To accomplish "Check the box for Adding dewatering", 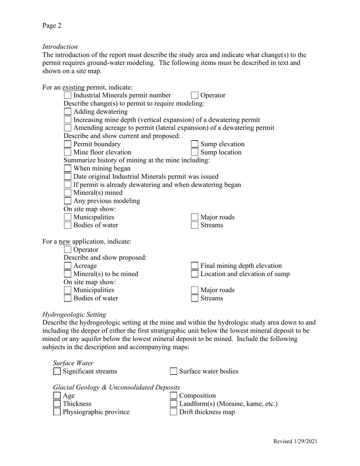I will [67, 112].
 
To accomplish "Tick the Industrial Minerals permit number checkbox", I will [67, 95].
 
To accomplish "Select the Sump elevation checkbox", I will [194, 144].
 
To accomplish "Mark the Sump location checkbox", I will [194, 152].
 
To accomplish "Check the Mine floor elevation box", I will [67, 152].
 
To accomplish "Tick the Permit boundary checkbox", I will [67, 144].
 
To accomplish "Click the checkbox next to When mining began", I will [67, 168].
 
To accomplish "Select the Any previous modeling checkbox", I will [67, 201].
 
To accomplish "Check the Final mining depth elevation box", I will [194, 266].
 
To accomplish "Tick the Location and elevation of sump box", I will [194, 274].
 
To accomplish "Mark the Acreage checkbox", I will [67, 266].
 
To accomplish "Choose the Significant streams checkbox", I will [57, 371].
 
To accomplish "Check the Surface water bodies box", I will [173, 371].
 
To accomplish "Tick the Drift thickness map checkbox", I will [173, 412].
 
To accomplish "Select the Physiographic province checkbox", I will [57, 412].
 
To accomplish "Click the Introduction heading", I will [60, 47].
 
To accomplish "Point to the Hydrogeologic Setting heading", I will [74, 314].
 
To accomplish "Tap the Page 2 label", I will [52, 26].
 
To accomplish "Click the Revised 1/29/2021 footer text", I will [295, 441].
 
